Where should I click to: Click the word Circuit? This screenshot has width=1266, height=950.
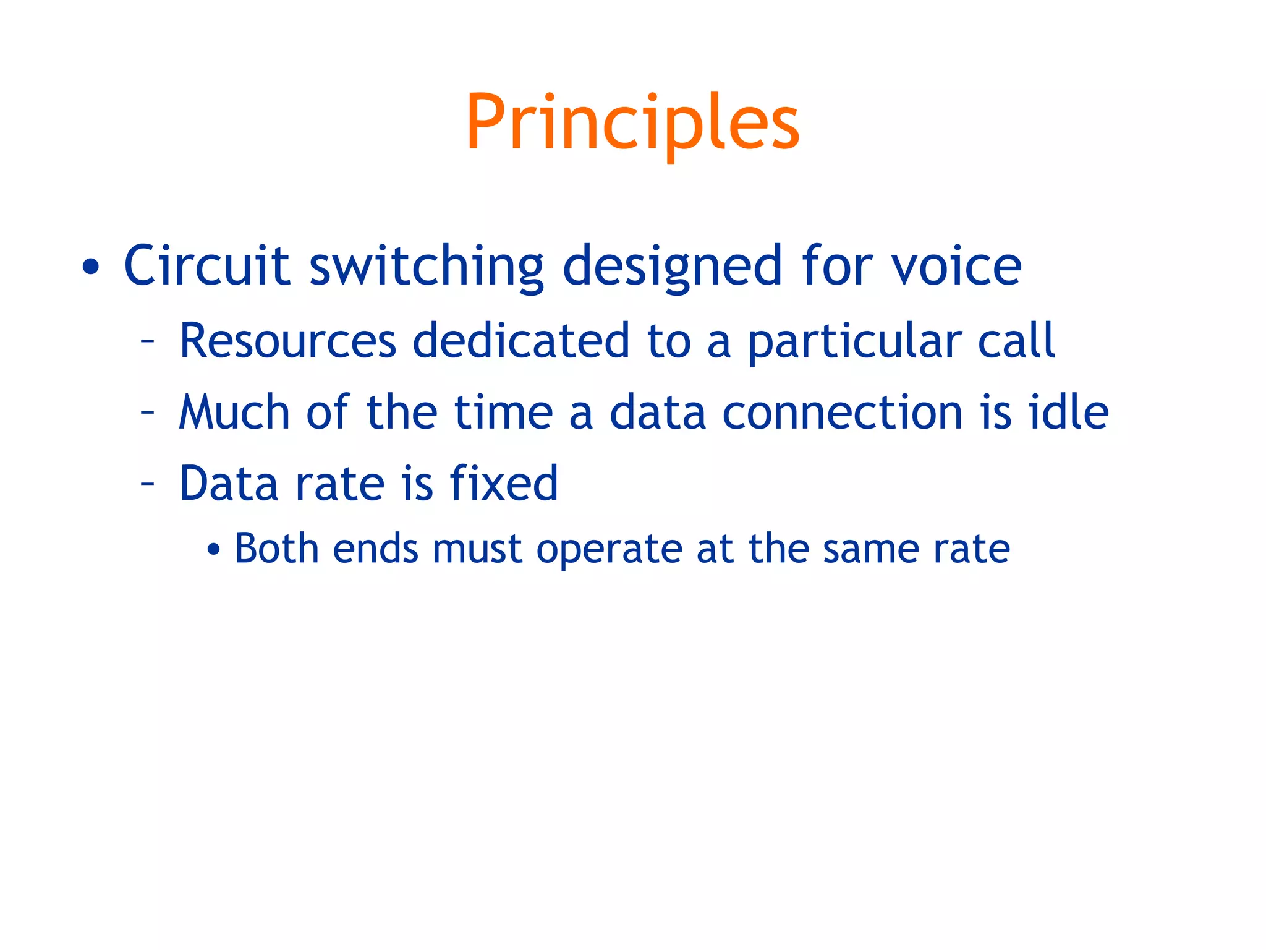point(206,266)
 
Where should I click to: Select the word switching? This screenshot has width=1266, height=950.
point(427,267)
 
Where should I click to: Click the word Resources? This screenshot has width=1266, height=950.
point(287,341)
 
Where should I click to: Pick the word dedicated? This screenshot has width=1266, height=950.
point(520,341)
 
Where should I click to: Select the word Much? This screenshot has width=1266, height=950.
point(234,412)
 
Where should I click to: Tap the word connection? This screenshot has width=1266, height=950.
point(842,413)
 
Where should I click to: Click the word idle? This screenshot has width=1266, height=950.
point(1068,412)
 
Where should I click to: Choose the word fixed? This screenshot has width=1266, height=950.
point(504,483)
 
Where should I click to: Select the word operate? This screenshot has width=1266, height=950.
point(609,550)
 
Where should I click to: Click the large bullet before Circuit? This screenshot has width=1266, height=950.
point(91,267)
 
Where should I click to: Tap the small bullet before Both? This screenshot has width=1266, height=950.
point(213,549)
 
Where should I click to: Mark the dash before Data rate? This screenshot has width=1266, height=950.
point(147,482)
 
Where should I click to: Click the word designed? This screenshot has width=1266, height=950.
point(673,267)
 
